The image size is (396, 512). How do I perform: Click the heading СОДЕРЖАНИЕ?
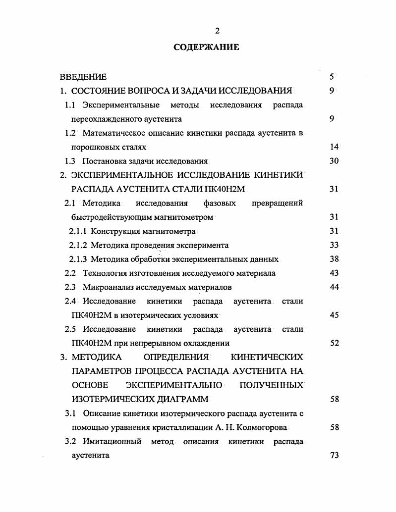(206, 48)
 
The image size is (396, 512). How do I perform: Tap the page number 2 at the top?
(217, 31)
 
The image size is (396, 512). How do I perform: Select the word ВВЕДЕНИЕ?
(83, 77)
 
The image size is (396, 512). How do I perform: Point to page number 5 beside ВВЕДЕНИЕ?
(332, 77)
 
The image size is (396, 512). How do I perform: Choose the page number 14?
(334, 147)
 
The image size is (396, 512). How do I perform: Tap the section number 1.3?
(70, 161)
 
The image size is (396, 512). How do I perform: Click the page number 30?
(334, 161)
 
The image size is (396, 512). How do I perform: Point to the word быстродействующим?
(107, 217)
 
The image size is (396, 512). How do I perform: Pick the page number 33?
(334, 245)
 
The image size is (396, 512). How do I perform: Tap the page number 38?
(334, 259)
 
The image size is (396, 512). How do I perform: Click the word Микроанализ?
(107, 287)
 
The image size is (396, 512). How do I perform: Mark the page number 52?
(334, 343)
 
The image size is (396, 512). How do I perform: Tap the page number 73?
(334, 455)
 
